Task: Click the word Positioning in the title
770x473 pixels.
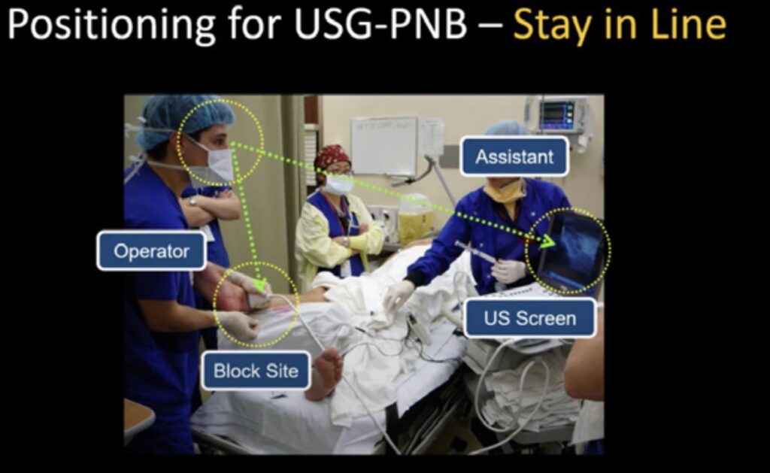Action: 112,26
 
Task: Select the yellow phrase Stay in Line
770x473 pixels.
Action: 620,26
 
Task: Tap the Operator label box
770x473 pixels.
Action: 152,251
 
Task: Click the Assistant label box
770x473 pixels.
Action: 514,156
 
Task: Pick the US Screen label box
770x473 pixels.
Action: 530,318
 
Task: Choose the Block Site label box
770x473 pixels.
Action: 256,370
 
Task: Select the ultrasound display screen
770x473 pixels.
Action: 573,250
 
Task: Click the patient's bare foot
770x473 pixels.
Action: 326,372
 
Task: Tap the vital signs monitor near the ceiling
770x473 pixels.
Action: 558,115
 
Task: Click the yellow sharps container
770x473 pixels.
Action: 414,220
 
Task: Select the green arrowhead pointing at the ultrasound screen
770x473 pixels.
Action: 548,240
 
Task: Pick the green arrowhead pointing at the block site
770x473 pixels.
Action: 259,283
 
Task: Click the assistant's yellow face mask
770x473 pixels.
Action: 505,191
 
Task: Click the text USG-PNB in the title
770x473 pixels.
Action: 380,25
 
